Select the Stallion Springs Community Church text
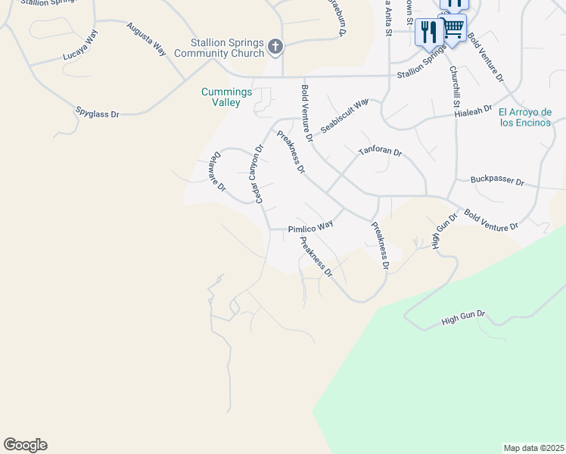pos(219,48)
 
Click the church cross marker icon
pos(275,48)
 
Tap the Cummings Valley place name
pos(221,97)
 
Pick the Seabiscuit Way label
pos(344,115)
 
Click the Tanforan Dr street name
pos(381,151)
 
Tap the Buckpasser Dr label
pos(497,181)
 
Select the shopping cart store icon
pos(453,29)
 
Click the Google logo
pos(26,445)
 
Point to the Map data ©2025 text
pos(533,448)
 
